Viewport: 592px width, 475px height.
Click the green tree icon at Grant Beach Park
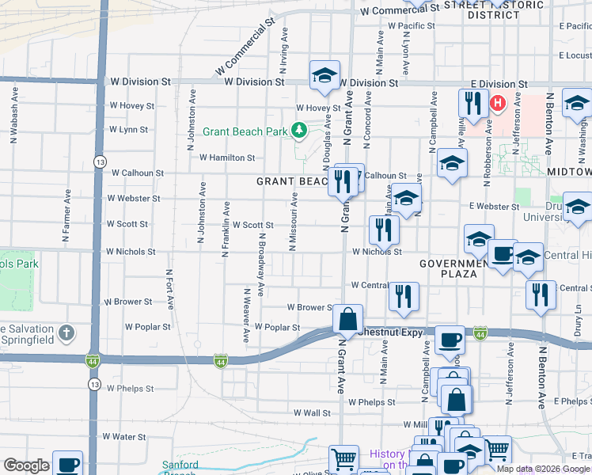pyautogui.click(x=299, y=129)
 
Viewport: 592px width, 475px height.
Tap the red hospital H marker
pyautogui.click(x=498, y=103)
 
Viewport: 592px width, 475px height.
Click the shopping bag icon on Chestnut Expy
pyautogui.click(x=347, y=319)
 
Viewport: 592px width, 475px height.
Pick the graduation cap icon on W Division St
pyautogui.click(x=324, y=75)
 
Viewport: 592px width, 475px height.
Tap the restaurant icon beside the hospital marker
pyautogui.click(x=473, y=103)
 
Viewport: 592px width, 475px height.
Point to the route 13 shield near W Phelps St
pyautogui.click(x=93, y=384)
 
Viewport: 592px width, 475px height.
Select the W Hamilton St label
pyautogui.click(x=227, y=158)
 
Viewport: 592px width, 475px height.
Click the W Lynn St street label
pyautogui.click(x=128, y=129)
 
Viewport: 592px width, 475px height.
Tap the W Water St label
pyautogui.click(x=124, y=436)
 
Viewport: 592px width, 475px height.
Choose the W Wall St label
pyautogui.click(x=312, y=412)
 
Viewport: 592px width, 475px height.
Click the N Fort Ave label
pyautogui.click(x=169, y=292)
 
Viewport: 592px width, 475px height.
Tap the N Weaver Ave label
pyautogui.click(x=246, y=317)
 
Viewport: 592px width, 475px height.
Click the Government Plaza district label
pyautogui.click(x=459, y=268)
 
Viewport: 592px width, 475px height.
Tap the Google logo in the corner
pyautogui.click(x=27, y=465)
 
